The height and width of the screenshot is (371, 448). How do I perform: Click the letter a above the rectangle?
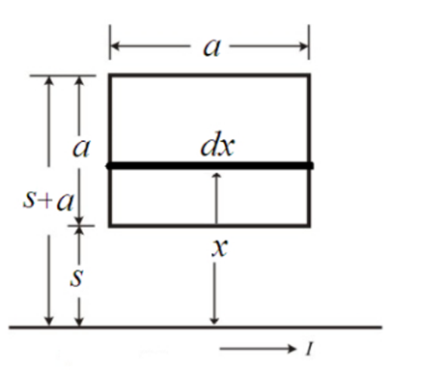click(x=212, y=48)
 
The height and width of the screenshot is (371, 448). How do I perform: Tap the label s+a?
click(x=48, y=201)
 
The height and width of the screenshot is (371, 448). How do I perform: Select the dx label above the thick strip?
click(x=217, y=144)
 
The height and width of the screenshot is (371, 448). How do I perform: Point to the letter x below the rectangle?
click(x=220, y=248)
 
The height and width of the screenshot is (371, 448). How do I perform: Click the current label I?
click(x=309, y=348)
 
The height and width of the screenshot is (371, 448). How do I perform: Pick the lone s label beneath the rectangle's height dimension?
click(x=76, y=277)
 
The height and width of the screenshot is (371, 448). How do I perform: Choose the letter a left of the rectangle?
click(x=81, y=149)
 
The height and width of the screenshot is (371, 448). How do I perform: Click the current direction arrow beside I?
click(x=258, y=349)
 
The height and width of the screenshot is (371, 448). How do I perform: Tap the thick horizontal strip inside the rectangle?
click(x=210, y=166)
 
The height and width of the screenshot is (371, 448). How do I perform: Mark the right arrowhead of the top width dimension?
click(x=304, y=46)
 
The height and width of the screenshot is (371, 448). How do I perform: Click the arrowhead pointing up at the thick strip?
click(x=216, y=176)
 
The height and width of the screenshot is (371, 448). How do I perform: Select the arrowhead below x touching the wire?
click(x=214, y=321)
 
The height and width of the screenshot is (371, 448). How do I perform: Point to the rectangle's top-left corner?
click(x=110, y=75)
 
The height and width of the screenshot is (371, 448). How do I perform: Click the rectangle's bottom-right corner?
click(x=309, y=225)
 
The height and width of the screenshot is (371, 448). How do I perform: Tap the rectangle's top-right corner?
click(x=309, y=75)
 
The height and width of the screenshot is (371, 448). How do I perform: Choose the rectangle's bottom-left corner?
click(x=110, y=225)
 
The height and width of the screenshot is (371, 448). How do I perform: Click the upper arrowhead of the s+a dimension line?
click(x=48, y=80)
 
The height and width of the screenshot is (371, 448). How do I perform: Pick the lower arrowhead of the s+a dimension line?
click(x=48, y=321)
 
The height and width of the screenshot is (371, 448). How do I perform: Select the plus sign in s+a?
click(x=46, y=201)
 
